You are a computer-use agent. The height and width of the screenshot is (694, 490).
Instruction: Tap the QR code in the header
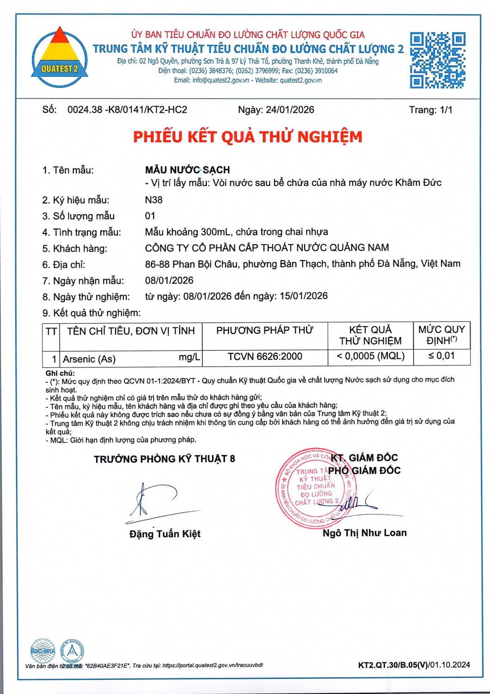437,60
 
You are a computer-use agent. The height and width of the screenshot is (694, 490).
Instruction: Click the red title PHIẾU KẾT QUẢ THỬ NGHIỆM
248,137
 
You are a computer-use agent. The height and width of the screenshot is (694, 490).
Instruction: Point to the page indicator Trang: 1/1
430,110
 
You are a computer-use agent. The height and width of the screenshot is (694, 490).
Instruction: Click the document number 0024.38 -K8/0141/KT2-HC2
127,110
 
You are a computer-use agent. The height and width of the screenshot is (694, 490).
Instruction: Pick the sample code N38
154,200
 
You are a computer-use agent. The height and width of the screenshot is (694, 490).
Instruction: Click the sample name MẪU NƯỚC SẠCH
187,170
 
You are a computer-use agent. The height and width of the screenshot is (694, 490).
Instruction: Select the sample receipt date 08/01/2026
169,280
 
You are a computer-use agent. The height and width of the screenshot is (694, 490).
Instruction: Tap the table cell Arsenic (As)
89,359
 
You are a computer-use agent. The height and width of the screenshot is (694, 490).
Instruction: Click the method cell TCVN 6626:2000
265,357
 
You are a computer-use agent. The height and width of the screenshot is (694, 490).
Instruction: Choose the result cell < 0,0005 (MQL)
370,356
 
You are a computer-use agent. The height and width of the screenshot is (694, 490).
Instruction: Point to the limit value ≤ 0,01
441,356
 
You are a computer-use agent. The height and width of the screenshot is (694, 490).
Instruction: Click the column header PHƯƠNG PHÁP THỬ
265,330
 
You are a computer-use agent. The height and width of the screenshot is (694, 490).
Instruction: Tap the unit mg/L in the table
190,357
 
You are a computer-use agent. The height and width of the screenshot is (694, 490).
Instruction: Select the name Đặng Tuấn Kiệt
165,534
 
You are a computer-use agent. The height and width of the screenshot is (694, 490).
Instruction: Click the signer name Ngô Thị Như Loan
365,533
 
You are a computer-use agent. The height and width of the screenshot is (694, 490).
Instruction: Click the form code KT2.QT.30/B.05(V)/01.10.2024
414,665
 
